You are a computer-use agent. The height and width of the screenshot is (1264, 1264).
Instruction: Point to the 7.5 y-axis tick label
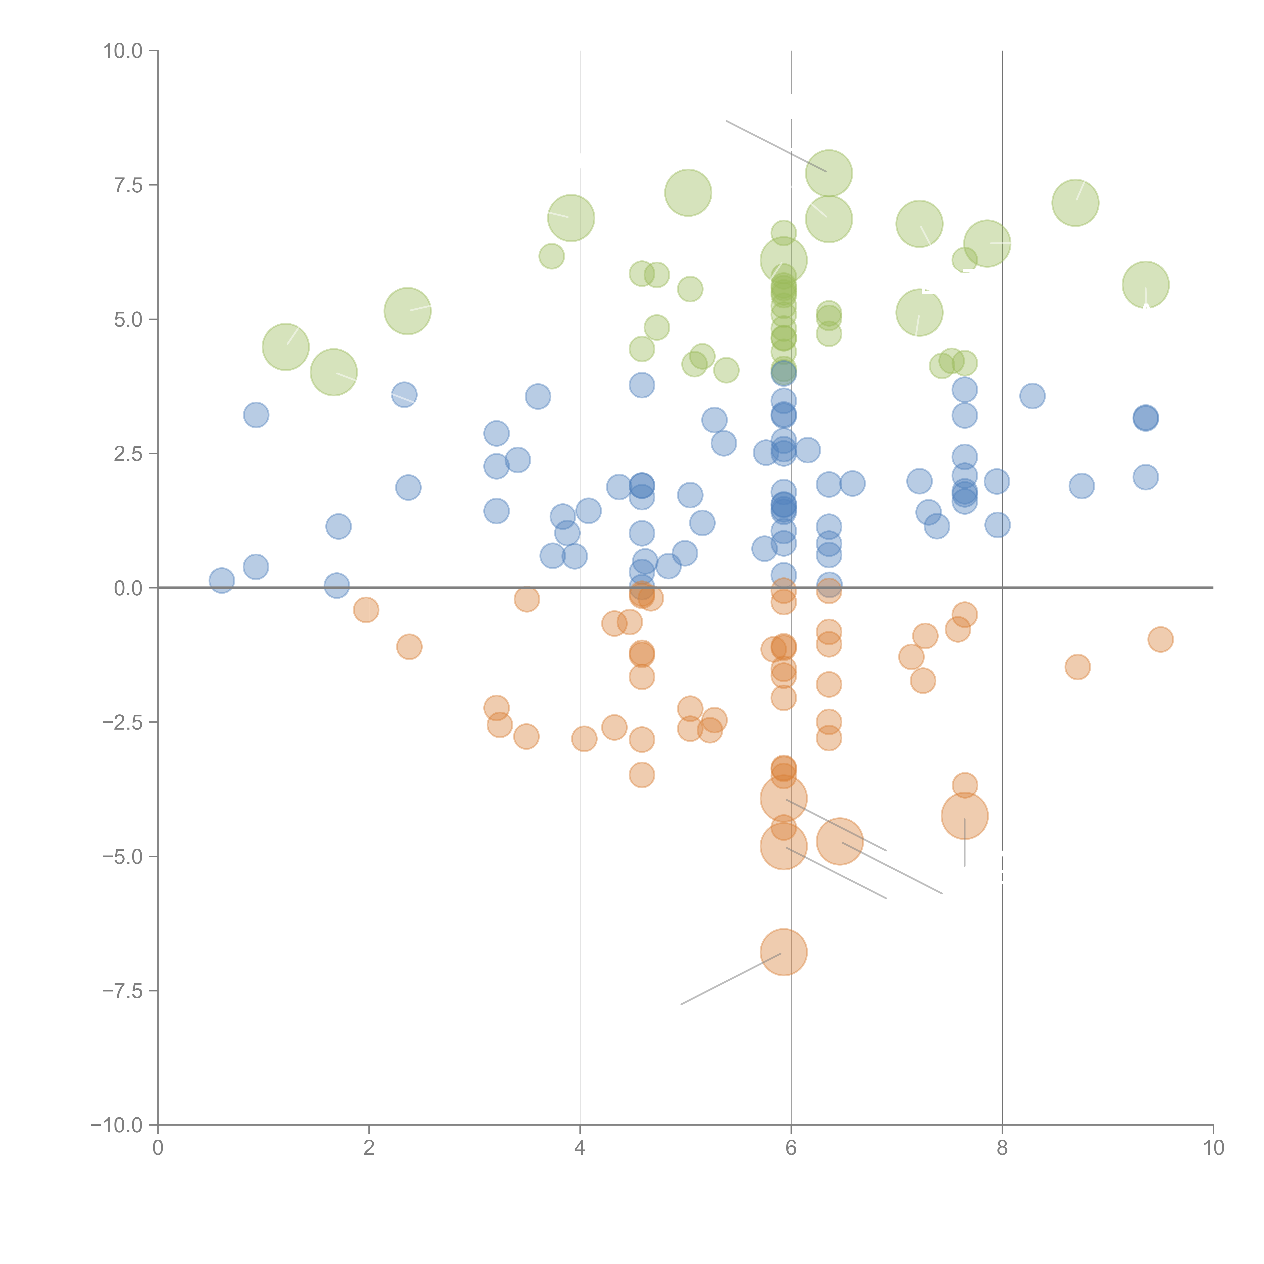pyautogui.click(x=128, y=185)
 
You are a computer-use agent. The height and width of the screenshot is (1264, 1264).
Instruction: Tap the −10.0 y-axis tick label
pyautogui.click(x=117, y=1125)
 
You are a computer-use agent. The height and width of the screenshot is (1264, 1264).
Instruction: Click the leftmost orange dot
pyautogui.click(x=366, y=610)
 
